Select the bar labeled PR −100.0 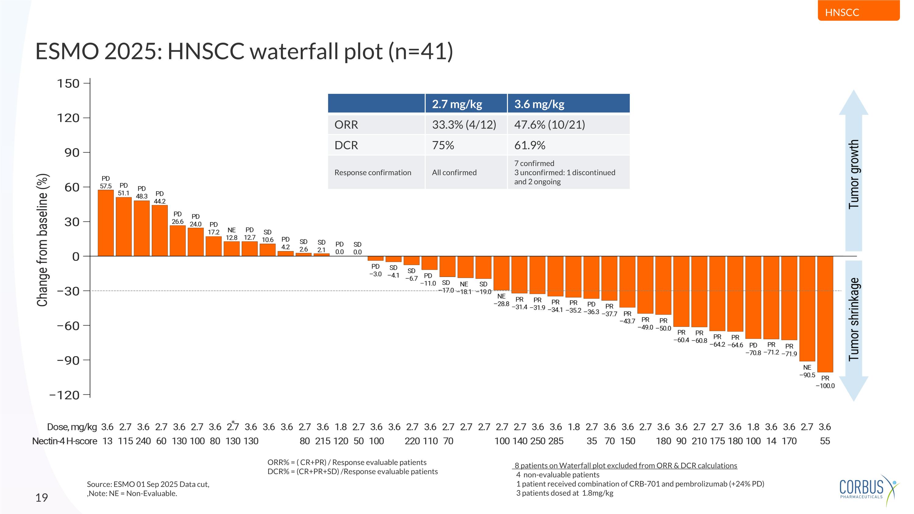click(825, 314)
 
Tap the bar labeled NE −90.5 click(807, 309)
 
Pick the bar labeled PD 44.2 click(160, 231)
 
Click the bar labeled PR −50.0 click(663, 285)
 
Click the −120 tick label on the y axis click(64, 395)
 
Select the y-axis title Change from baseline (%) click(42, 240)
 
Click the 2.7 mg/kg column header click(457, 104)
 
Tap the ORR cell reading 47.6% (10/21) click(549, 125)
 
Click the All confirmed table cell click(454, 172)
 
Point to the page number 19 click(41, 498)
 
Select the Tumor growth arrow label click(854, 174)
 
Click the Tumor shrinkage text click(854, 319)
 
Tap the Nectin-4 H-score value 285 click(556, 441)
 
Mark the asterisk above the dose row click(233, 422)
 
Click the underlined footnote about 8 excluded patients click(626, 465)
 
